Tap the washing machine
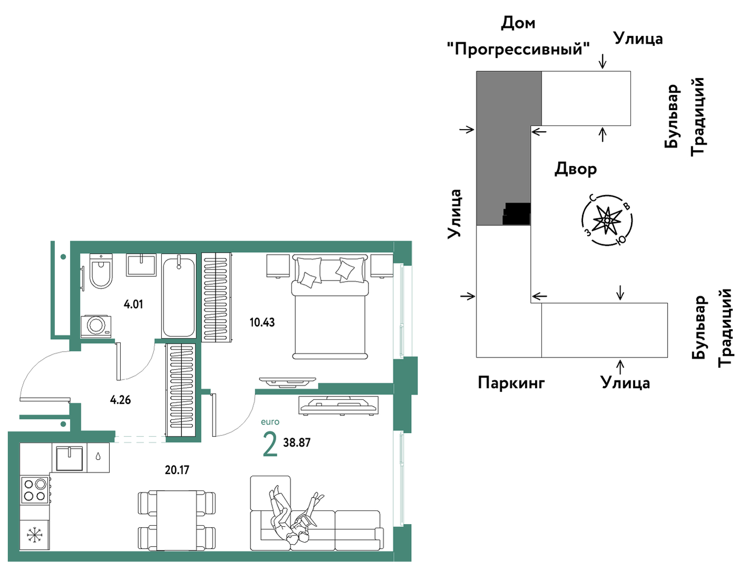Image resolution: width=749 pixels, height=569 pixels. pos(96,326)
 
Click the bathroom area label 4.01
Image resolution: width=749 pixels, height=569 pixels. pos(133,304)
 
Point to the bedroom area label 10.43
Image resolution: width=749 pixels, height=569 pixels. pos(262,322)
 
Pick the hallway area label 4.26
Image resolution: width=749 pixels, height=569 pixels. pos(120,400)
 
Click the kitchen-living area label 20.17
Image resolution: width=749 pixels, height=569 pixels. pos(177,470)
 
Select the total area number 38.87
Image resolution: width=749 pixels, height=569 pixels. pos(297,443)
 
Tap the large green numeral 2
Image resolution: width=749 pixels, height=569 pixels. pos(270,444)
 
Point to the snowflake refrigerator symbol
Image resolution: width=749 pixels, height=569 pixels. pos(34,535)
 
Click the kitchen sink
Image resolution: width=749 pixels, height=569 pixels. pos(69,458)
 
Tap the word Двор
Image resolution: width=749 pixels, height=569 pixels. pos(576,169)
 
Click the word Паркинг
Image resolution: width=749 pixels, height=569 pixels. pos(511,383)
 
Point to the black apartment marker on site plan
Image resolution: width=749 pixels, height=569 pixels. pos(516,214)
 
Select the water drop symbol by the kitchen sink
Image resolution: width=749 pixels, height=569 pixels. pos(98,456)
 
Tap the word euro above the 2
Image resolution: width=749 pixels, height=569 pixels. pos(270,422)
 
